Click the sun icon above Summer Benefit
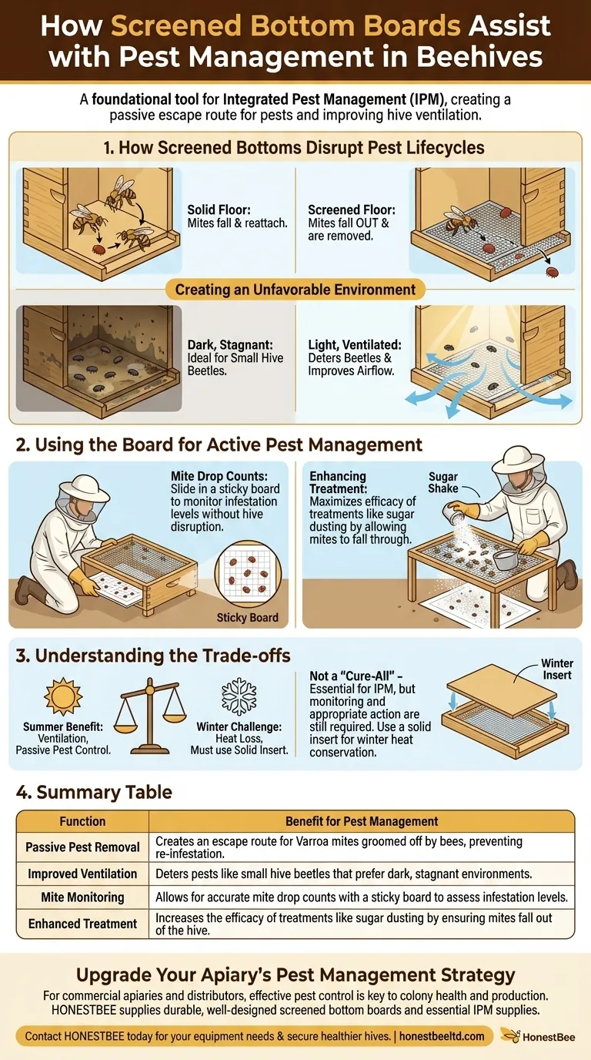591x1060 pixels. click(62, 696)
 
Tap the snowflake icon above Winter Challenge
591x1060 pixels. click(239, 696)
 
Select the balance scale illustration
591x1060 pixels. click(150, 709)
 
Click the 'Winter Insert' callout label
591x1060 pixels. click(556, 669)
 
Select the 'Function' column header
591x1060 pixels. click(82, 821)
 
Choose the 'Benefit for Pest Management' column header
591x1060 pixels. click(362, 821)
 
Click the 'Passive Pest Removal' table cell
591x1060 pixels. click(82, 847)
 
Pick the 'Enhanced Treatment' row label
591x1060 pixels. click(82, 923)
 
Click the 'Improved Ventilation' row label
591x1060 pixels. click(82, 874)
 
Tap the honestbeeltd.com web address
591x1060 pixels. click(442, 1036)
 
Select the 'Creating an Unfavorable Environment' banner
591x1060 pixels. click(295, 290)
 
